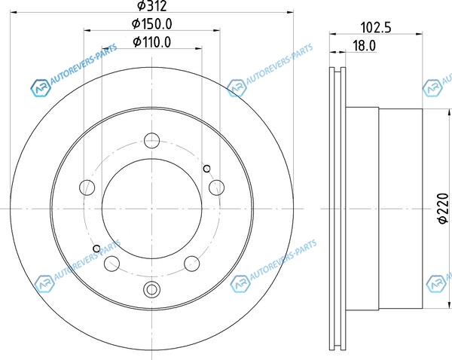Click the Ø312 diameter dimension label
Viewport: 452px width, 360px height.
point(152,5)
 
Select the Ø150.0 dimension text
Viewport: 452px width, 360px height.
point(152,24)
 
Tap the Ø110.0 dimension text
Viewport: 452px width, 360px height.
point(152,42)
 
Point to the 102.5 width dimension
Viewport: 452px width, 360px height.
point(376,28)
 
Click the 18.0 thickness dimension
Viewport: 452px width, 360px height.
point(365,46)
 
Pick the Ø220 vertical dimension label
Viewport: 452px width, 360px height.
point(444,208)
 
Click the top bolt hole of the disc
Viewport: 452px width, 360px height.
point(151,140)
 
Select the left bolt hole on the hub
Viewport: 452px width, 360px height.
point(87,188)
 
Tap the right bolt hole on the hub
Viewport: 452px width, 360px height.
point(216,188)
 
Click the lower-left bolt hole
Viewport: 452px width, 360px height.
point(111,263)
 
